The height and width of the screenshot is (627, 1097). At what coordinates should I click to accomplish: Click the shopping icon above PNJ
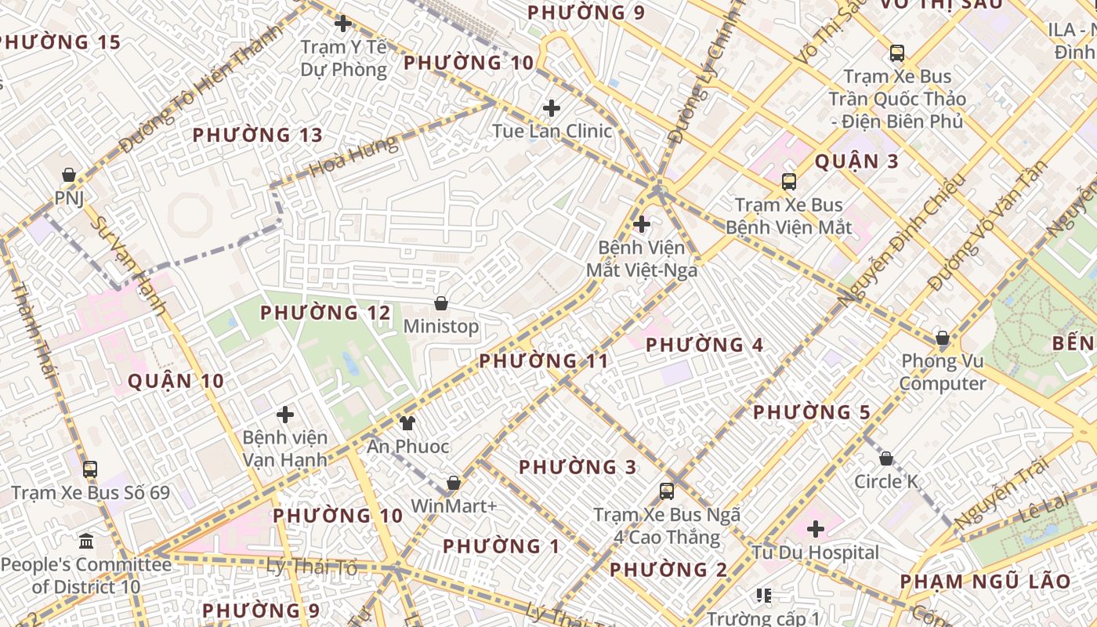point(69,174)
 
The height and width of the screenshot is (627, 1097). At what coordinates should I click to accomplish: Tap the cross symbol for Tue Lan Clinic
point(552,107)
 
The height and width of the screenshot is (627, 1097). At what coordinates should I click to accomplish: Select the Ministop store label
point(440,326)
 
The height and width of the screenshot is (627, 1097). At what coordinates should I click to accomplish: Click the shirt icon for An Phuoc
point(407,423)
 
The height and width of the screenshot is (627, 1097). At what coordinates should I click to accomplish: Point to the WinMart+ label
point(454,506)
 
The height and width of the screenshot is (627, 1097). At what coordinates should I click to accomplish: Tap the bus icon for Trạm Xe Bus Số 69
point(90,469)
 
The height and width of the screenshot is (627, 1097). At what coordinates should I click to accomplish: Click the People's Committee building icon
point(86,541)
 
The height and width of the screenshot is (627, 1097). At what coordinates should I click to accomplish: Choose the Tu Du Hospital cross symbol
point(816,529)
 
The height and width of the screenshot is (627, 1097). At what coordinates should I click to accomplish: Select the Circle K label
point(886,481)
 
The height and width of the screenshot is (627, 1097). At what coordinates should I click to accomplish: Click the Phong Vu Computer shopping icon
point(943,339)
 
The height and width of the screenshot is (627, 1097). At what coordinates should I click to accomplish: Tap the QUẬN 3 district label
point(856,161)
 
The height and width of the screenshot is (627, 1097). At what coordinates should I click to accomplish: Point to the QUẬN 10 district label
point(176,382)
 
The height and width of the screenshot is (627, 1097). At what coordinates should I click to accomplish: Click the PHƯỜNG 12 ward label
point(325,313)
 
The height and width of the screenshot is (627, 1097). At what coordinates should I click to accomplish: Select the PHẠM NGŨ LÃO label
point(985,582)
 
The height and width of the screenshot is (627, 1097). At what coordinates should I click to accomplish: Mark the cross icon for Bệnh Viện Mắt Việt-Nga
point(642,225)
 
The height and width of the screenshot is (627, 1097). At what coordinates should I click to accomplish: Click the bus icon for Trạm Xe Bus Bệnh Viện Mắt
point(789,182)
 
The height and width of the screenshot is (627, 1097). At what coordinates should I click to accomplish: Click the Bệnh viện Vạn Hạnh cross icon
point(285,414)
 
